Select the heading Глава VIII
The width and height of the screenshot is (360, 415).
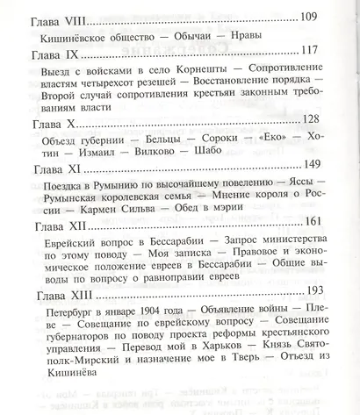(61, 19)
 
